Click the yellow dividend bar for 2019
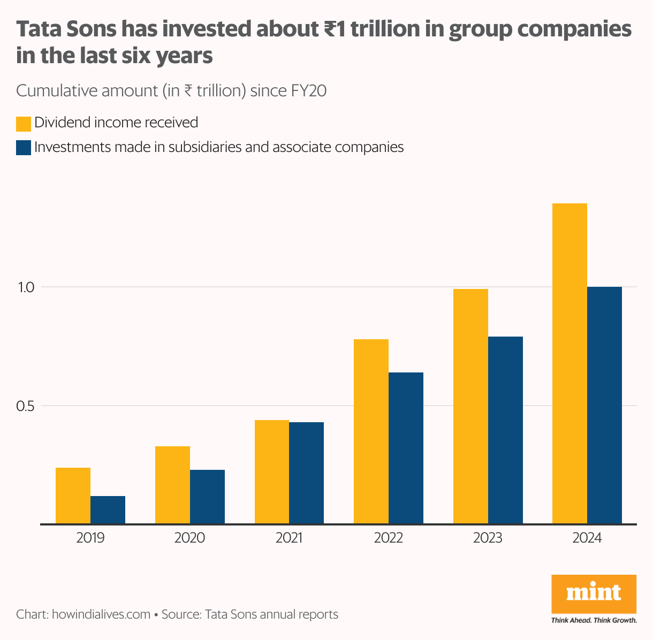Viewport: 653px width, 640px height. point(73,496)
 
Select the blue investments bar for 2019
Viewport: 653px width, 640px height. point(108,510)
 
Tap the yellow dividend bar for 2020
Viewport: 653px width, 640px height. point(172,485)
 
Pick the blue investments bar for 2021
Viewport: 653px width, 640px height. point(306,473)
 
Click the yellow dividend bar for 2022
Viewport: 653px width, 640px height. point(371,431)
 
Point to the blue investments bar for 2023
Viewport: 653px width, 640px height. point(505,430)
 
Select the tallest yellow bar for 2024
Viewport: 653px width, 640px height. point(570,363)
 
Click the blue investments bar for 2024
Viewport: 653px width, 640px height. point(604,405)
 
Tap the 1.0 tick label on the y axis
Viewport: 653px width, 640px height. point(26,287)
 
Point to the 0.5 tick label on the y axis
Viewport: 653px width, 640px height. point(26,406)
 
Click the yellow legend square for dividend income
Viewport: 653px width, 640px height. point(24,124)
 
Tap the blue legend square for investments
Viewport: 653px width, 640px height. point(24,148)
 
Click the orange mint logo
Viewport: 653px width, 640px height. point(594,594)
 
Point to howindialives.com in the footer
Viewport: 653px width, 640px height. point(101,614)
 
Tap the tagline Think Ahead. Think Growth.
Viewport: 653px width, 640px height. point(594,621)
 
